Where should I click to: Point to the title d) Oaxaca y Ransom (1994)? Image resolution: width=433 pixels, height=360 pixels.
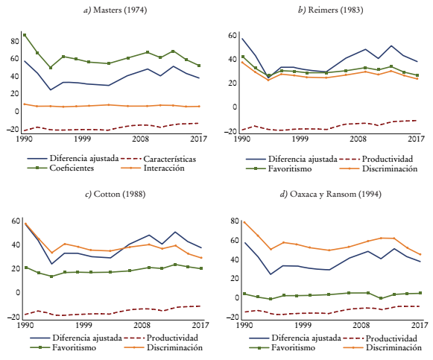326,195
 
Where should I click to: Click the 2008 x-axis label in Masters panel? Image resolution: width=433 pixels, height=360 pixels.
139,139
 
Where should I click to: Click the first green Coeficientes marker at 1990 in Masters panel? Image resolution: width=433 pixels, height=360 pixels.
25,35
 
